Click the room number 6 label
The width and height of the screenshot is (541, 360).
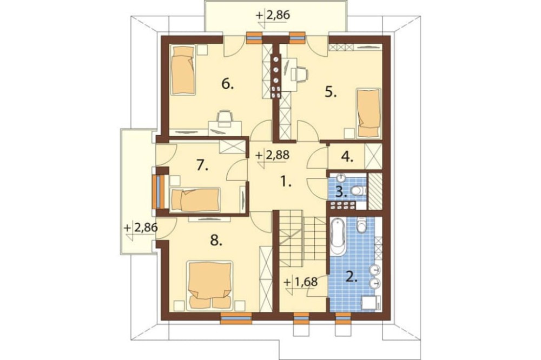point(227,84)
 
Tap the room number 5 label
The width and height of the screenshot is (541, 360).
point(331,92)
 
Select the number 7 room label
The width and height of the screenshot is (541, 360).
point(202,166)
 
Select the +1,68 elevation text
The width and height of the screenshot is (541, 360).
point(301,281)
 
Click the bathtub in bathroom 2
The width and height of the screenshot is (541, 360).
point(338,236)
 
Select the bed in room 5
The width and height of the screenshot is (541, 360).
point(368,112)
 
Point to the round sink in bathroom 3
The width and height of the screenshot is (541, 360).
point(341,178)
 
